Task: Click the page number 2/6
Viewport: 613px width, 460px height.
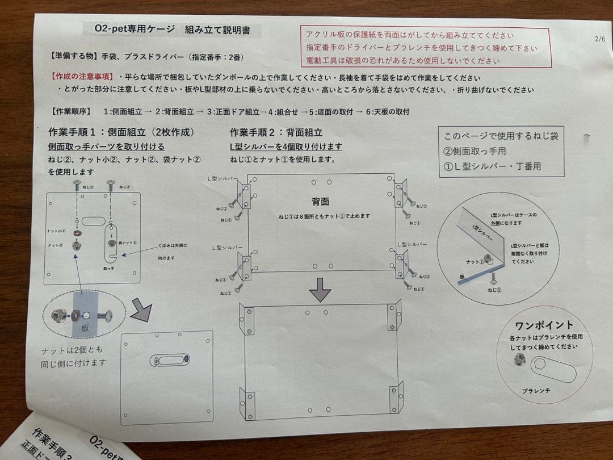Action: point(600,39)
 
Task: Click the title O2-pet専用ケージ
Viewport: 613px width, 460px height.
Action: point(135,29)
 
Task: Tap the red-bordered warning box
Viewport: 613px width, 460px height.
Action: point(425,48)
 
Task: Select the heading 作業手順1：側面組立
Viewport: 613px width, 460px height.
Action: point(122,132)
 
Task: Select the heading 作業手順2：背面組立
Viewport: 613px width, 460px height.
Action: point(276,132)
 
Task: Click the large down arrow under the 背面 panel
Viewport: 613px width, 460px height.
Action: point(320,290)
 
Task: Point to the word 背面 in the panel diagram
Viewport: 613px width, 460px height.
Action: point(320,202)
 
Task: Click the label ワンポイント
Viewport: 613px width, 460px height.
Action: point(544,325)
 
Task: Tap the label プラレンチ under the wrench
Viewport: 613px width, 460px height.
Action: point(536,391)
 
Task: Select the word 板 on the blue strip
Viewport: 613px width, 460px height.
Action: point(86,328)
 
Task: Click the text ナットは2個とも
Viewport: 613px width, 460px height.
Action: point(73,350)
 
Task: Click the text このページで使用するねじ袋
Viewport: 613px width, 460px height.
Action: point(501,136)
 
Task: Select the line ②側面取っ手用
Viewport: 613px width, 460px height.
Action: point(475,151)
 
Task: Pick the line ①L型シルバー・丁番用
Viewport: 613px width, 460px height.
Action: point(493,166)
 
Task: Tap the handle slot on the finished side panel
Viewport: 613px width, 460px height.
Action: point(169,360)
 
